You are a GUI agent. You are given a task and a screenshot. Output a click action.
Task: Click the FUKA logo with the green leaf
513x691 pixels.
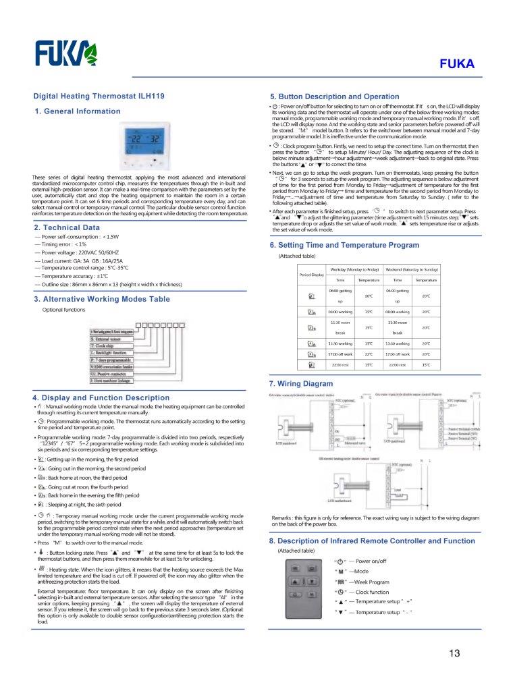click(65, 52)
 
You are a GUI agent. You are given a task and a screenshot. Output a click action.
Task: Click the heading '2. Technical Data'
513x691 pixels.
click(67, 227)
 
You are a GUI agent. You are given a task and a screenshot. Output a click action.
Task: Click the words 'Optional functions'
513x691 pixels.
click(63, 310)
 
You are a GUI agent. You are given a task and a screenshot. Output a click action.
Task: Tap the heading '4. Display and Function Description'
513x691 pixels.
click(101, 397)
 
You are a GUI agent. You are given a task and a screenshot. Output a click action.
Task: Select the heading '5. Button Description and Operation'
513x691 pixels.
click(334, 96)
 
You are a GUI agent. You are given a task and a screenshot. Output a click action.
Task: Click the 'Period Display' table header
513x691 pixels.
click(311, 274)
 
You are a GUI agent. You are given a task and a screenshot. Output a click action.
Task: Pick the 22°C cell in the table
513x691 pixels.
click(369, 354)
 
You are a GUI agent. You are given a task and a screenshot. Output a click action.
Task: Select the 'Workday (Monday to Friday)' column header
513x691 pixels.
click(354, 269)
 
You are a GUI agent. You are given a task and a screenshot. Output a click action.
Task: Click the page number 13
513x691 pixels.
click(454, 653)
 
